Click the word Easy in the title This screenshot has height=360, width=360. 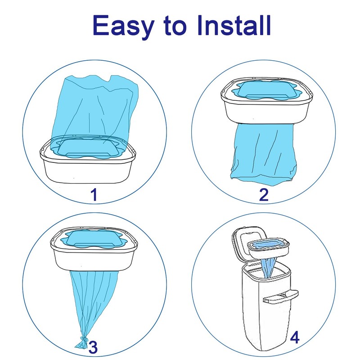[x=123, y=26]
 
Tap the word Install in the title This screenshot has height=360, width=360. [x=234, y=25]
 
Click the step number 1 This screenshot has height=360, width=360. [x=94, y=195]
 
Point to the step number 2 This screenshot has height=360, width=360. [x=264, y=195]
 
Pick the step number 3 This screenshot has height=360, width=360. [x=93, y=347]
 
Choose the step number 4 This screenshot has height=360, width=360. [x=295, y=337]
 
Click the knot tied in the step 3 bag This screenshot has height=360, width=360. [x=84, y=339]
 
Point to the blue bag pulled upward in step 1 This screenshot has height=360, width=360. [x=94, y=110]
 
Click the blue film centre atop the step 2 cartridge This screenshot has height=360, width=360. [x=266, y=90]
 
